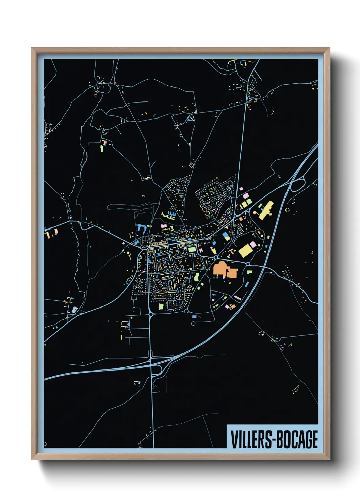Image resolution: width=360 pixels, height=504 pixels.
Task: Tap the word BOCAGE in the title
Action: click(296, 440)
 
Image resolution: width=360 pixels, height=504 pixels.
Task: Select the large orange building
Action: click(223, 270)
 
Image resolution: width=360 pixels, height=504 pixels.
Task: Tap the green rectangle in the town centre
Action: click(192, 250)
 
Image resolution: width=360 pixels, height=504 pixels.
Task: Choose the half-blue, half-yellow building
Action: click(226, 236)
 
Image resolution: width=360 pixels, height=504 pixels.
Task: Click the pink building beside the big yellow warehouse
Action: click(253, 244)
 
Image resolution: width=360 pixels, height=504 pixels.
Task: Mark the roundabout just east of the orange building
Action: click(248, 264)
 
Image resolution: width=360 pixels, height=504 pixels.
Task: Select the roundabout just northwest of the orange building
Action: click(216, 258)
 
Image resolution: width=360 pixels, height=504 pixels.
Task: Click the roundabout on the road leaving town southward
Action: click(150, 314)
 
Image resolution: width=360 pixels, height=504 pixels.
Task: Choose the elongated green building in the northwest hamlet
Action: click(102, 148)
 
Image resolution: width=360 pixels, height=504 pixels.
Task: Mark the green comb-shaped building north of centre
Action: click(169, 216)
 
